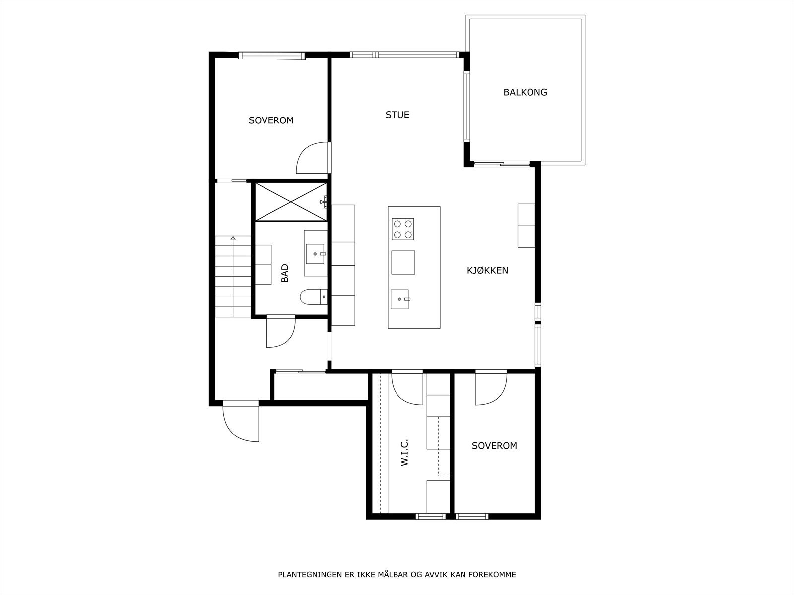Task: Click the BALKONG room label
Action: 525,92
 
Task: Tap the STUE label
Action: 397,115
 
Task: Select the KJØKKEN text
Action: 487,270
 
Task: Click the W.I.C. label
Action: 404,452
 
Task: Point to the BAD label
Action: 285,273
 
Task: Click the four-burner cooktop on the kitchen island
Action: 402,229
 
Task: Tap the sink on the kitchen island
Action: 399,299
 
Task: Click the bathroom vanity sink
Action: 315,254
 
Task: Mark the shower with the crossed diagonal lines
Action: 290,202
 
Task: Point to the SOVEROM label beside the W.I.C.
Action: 494,446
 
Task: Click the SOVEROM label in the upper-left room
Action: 271,120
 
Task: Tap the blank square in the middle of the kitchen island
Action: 403,262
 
